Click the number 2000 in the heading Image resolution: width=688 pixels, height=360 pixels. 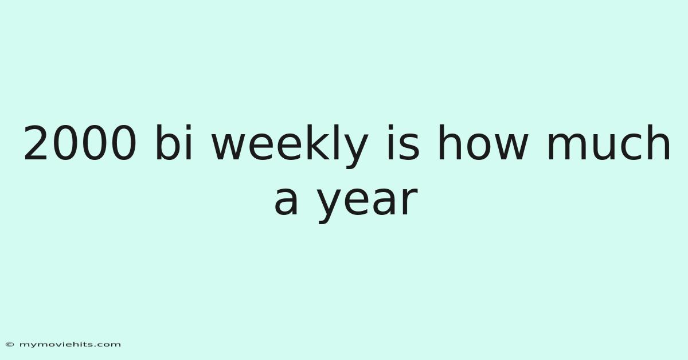point(80,143)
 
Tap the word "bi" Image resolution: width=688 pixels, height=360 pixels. point(174,142)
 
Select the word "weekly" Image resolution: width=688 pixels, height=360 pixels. point(290,146)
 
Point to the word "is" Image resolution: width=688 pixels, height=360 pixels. point(403,142)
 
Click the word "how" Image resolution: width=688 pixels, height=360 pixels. point(483,142)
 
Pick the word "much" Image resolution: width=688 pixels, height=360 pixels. point(609,142)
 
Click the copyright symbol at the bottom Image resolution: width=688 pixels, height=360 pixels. point(10,345)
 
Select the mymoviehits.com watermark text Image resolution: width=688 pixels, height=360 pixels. point(70,345)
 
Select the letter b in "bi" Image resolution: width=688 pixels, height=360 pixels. point(167,142)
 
